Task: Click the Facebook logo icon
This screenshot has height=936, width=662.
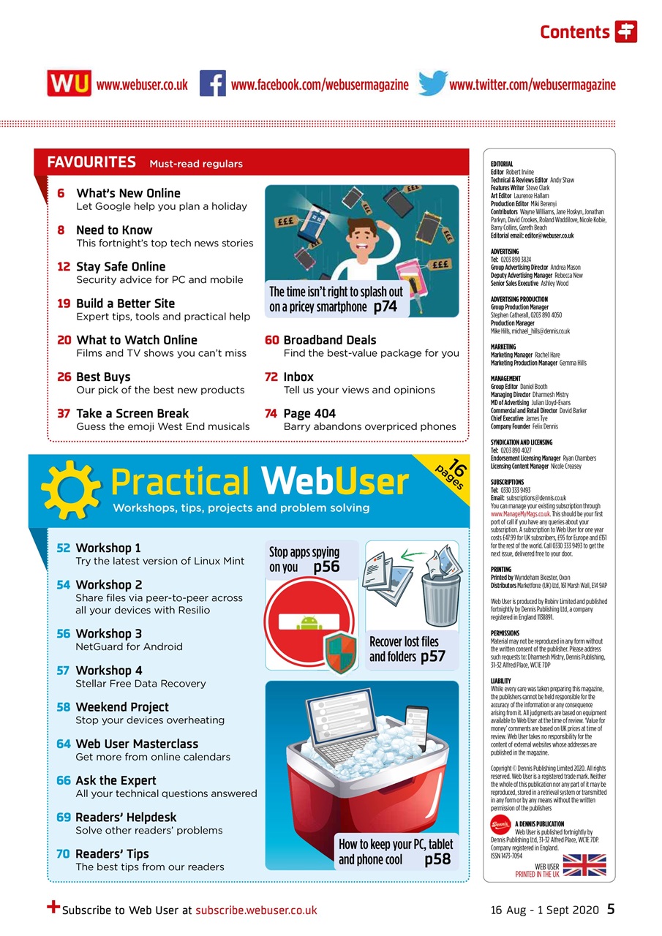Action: (x=212, y=84)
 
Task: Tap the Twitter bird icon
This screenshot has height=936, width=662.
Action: (x=432, y=83)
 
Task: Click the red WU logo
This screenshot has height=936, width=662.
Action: (x=69, y=84)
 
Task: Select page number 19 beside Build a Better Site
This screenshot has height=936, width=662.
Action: (x=64, y=303)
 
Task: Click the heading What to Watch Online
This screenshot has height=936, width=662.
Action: (x=137, y=340)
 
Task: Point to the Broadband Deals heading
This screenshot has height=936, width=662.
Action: (x=329, y=340)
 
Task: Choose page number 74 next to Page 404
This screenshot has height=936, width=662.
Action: (x=271, y=413)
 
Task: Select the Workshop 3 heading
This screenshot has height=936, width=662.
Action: (x=109, y=633)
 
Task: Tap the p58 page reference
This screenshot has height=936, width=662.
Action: (x=437, y=859)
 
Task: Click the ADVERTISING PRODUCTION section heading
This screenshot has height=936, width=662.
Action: (x=519, y=299)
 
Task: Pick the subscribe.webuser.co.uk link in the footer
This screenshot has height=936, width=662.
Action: (x=256, y=910)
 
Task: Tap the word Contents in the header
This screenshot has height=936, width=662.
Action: (x=574, y=32)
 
